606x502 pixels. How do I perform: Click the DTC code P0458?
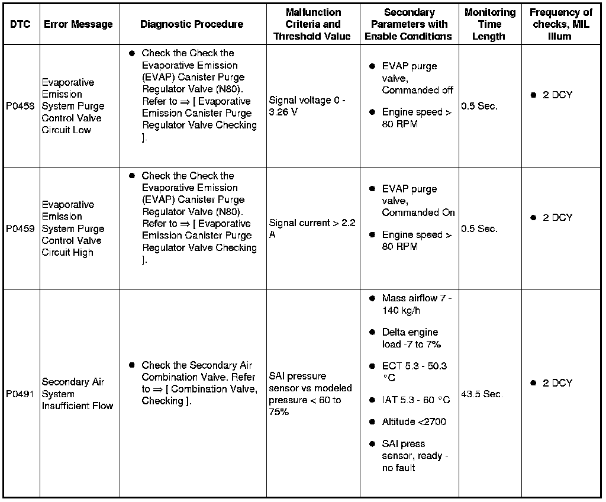click(20, 107)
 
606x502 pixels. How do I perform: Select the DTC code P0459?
click(20, 229)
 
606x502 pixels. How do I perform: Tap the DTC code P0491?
click(20, 394)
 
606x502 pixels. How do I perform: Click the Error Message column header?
click(78, 24)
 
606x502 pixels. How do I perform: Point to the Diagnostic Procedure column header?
click(192, 24)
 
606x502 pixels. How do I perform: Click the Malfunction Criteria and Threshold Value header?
click(312, 24)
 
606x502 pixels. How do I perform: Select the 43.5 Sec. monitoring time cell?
click(482, 394)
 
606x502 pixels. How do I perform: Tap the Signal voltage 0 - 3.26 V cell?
click(307, 107)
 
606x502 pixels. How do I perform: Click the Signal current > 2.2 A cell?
click(312, 229)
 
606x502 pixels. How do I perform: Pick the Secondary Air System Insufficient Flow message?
click(77, 394)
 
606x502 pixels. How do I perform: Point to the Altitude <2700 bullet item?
click(414, 422)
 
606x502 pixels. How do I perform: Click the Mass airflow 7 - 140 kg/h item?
click(416, 305)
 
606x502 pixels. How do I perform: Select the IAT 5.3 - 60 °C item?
click(415, 400)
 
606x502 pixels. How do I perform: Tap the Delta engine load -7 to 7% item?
click(411, 339)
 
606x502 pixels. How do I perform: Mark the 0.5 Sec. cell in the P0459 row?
click(479, 229)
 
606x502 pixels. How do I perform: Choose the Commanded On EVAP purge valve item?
click(418, 201)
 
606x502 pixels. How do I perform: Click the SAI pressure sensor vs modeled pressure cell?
click(310, 394)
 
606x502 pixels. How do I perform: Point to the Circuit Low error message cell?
click(73, 107)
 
